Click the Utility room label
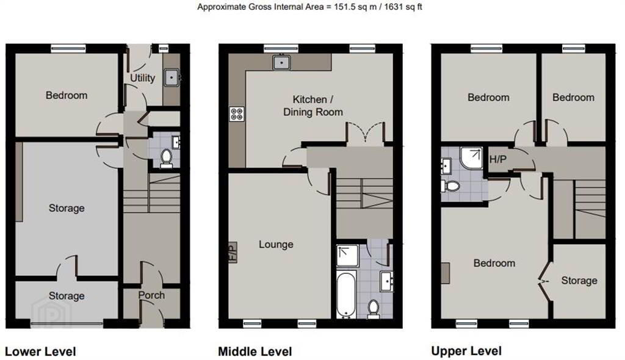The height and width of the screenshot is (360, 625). pyautogui.click(x=142, y=77)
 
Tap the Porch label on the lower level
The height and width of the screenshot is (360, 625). pyautogui.click(x=151, y=295)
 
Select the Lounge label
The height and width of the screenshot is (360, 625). pyautogui.click(x=276, y=245)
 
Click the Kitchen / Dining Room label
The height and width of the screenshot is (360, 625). pyautogui.click(x=313, y=106)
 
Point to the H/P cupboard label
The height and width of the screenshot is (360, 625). pyautogui.click(x=498, y=159)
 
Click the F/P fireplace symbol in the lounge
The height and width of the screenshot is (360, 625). pyautogui.click(x=233, y=253)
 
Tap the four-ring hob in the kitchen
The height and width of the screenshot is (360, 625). pyautogui.click(x=237, y=114)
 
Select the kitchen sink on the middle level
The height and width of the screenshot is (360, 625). pyautogui.click(x=282, y=62)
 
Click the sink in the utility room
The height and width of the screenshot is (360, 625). pyautogui.click(x=172, y=77)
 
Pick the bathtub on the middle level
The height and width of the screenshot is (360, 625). pyautogui.click(x=347, y=294)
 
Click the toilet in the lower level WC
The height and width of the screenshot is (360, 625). pyautogui.click(x=166, y=158)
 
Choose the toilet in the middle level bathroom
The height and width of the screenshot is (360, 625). pyautogui.click(x=374, y=309)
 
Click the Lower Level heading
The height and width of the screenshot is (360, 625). pyautogui.click(x=40, y=351)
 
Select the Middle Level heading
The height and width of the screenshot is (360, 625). pyautogui.click(x=255, y=351)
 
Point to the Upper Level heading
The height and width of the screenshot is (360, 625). pyautogui.click(x=466, y=351)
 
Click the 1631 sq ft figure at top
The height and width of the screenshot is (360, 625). pyautogui.click(x=403, y=7)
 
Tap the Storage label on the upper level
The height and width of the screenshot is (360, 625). pyautogui.click(x=579, y=281)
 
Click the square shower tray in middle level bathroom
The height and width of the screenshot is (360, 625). pyautogui.click(x=347, y=256)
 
